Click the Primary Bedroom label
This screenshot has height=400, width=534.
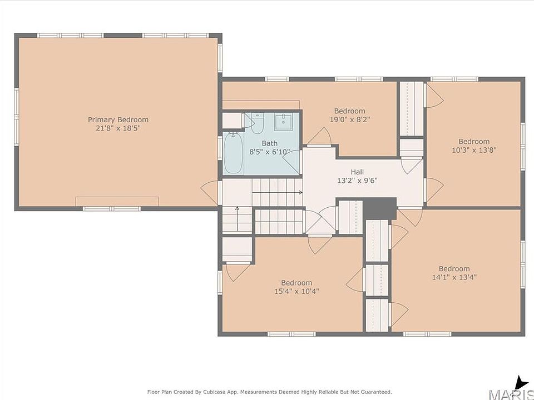point(118,120)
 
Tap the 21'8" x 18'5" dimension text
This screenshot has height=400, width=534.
point(118,128)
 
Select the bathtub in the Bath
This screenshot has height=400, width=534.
point(233,153)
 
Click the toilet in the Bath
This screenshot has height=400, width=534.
point(257,123)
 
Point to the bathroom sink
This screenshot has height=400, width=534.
point(283,122)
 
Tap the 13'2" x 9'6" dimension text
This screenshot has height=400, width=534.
point(357,181)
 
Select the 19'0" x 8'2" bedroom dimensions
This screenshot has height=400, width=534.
point(350,119)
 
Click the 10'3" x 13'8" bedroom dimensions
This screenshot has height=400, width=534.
point(474,150)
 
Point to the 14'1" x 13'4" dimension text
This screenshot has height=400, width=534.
point(454,277)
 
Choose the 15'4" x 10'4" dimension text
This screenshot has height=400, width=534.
point(296,292)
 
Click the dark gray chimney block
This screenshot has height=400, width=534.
point(380,208)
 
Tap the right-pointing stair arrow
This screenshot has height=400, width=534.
point(277,193)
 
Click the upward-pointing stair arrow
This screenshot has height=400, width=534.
point(237,214)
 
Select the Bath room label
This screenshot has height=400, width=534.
point(269,143)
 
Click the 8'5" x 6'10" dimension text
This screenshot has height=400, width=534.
point(269,152)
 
